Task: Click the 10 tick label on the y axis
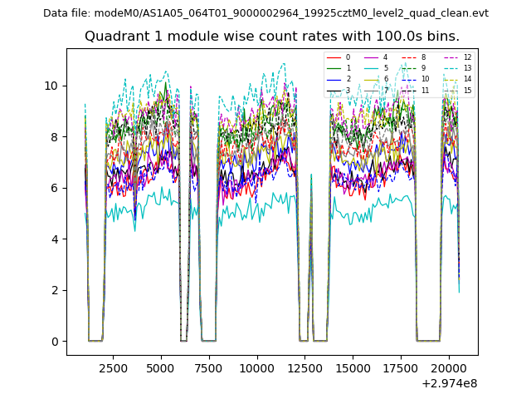(51, 86)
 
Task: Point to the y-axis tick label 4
(55, 239)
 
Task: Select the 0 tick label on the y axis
(55, 342)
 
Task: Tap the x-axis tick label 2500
(113, 367)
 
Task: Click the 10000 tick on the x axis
(257, 367)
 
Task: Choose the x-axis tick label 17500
(401, 367)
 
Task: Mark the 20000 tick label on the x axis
(449, 367)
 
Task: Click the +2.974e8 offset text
(449, 383)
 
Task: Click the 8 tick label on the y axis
(55, 137)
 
